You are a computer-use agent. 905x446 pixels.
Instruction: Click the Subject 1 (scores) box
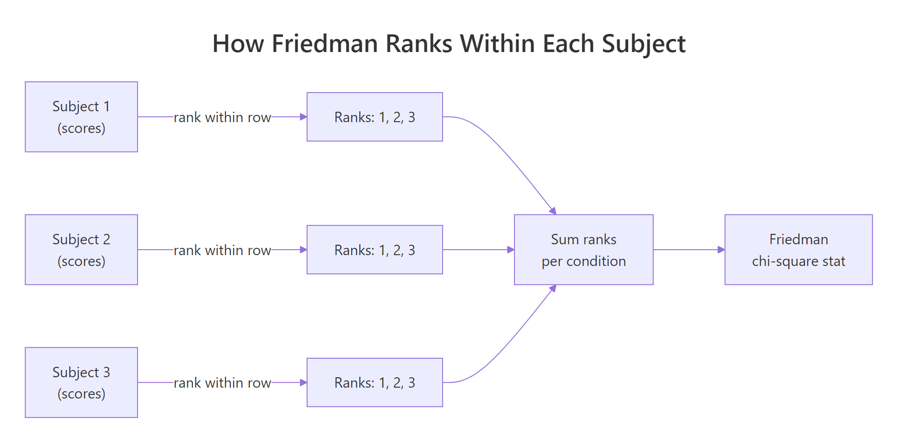pyautogui.click(x=81, y=117)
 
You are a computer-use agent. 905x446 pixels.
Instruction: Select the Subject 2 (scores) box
pyautogui.click(x=81, y=250)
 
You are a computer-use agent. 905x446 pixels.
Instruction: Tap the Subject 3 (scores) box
pyautogui.click(x=81, y=382)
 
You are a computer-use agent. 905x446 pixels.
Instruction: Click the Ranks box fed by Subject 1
pyautogui.click(x=375, y=117)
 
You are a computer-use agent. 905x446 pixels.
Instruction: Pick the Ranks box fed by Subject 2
pyautogui.click(x=375, y=250)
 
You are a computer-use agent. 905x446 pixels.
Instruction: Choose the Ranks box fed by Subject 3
pyautogui.click(x=375, y=382)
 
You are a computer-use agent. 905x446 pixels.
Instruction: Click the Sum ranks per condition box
pyautogui.click(x=584, y=250)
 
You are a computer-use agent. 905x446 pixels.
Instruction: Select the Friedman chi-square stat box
pyautogui.click(x=799, y=250)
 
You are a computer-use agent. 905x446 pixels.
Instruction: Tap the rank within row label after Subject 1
pyautogui.click(x=222, y=117)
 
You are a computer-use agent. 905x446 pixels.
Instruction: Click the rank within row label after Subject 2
pyautogui.click(x=222, y=250)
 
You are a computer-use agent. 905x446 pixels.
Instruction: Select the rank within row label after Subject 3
pyautogui.click(x=222, y=383)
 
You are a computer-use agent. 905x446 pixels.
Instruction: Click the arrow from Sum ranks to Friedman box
pyautogui.click(x=689, y=250)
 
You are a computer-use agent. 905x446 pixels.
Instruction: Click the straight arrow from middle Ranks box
pyautogui.click(x=478, y=250)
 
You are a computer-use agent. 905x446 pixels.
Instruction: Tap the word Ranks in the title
pyautogui.click(x=419, y=44)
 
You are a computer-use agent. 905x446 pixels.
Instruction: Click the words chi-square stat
pyautogui.click(x=799, y=261)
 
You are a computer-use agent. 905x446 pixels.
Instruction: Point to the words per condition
pyautogui.click(x=584, y=261)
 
